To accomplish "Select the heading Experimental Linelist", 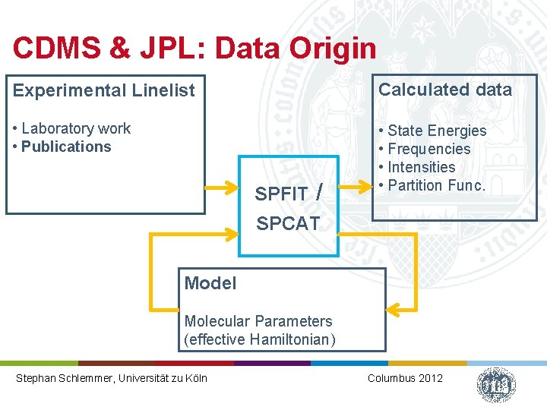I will [x=104, y=90].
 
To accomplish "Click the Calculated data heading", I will [x=445, y=90].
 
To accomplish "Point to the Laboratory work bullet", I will [x=72, y=128].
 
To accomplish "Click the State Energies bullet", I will [x=433, y=131].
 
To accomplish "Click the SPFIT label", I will [x=281, y=194].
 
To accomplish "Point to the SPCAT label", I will [x=288, y=223].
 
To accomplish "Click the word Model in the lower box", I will [x=210, y=283].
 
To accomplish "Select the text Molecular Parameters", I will [x=258, y=321].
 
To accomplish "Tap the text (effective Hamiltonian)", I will [x=259, y=339].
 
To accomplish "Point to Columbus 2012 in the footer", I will [x=404, y=378].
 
